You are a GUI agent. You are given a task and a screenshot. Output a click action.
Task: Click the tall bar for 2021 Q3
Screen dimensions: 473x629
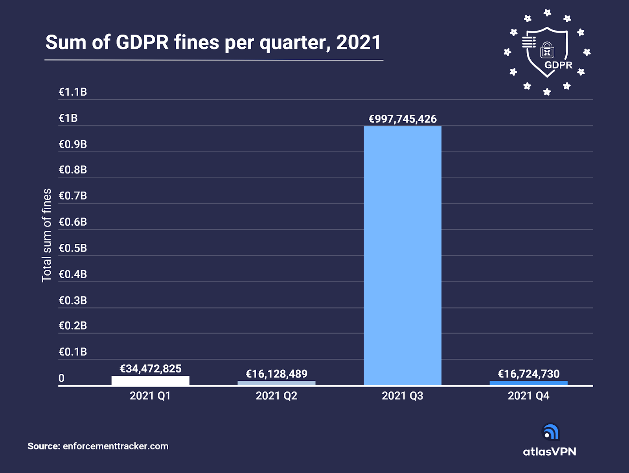pos(402,255)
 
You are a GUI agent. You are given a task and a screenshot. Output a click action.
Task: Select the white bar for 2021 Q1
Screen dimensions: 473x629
pos(150,380)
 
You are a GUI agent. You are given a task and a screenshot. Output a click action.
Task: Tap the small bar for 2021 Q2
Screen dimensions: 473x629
pos(276,383)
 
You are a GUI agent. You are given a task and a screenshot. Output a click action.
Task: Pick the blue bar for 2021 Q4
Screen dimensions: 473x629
pos(528,383)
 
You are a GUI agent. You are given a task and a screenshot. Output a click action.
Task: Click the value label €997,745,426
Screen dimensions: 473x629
pos(402,119)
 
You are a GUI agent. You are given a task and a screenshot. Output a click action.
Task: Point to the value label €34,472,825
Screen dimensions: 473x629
pos(151,369)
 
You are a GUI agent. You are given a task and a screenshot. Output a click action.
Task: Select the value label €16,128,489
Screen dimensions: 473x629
pos(276,374)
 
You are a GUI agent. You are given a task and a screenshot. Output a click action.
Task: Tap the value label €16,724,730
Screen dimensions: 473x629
pos(528,374)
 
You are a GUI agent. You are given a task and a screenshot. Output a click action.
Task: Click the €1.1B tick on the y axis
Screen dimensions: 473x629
pos(73,92)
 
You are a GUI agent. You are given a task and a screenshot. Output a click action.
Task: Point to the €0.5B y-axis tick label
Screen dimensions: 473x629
pos(73,248)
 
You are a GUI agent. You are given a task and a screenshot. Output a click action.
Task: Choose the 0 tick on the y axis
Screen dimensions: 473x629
pos(61,378)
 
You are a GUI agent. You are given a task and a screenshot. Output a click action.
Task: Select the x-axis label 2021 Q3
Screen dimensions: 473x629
pos(402,396)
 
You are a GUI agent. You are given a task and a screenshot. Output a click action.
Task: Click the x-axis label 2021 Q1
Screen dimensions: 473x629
pos(150,396)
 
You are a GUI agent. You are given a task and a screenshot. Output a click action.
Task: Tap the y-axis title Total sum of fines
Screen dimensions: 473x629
pos(47,235)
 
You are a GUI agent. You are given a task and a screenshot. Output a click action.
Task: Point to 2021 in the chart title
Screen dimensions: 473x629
pos(359,42)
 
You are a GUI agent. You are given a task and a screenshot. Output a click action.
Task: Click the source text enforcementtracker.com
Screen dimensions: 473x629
pos(116,446)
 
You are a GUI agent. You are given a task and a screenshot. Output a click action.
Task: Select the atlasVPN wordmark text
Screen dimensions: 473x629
pos(549,452)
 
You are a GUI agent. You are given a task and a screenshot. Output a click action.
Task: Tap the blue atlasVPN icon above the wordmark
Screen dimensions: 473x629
pos(550,432)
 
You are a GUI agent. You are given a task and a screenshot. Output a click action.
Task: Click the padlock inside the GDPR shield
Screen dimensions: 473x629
pos(547,50)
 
